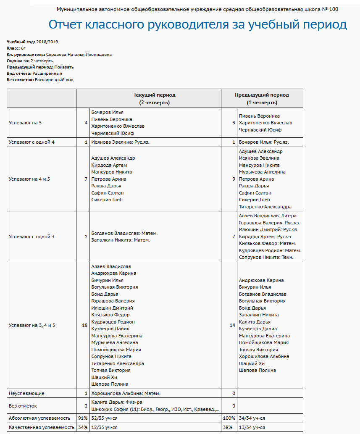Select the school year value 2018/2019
pyautogui.click(x=47, y=42)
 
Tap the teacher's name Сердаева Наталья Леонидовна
pyautogui.click(x=79, y=55)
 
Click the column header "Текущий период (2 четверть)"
pyautogui.click(x=155, y=98)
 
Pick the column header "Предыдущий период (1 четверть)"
pyautogui.click(x=262, y=98)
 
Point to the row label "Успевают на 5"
pyautogui.click(x=25, y=123)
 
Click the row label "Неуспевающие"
pyautogui.click(x=26, y=393)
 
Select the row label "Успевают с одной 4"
pyautogui.click(x=32, y=142)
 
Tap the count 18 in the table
pyautogui.click(x=84, y=325)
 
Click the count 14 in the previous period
pyautogui.click(x=232, y=325)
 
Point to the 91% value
pyautogui.click(x=82, y=418)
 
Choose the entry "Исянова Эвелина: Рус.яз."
pyautogui.click(x=120, y=142)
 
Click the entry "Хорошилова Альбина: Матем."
pyautogui.click(x=126, y=393)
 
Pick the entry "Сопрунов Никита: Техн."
pyautogui.click(x=266, y=257)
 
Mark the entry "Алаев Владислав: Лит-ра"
pyautogui.click(x=268, y=216)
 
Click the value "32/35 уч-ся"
pyautogui.click(x=104, y=418)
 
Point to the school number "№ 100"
pyautogui.click(x=330, y=9)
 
